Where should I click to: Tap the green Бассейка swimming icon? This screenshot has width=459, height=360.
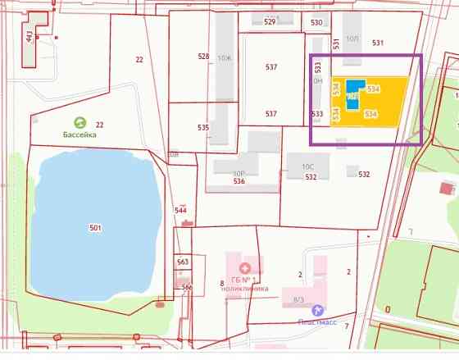[80, 122]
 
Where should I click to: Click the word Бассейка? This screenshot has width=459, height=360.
[80, 134]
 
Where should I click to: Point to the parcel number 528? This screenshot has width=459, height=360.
[204, 57]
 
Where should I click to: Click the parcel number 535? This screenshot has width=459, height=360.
[203, 128]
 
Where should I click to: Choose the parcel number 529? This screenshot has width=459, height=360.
[270, 22]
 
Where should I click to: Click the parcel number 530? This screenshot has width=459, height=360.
[317, 22]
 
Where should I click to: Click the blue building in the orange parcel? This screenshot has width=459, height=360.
[353, 92]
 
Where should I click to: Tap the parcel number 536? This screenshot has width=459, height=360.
[239, 181]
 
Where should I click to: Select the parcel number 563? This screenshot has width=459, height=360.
[183, 262]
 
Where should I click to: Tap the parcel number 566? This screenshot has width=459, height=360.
[187, 287]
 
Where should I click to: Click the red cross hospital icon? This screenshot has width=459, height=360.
[243, 268]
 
